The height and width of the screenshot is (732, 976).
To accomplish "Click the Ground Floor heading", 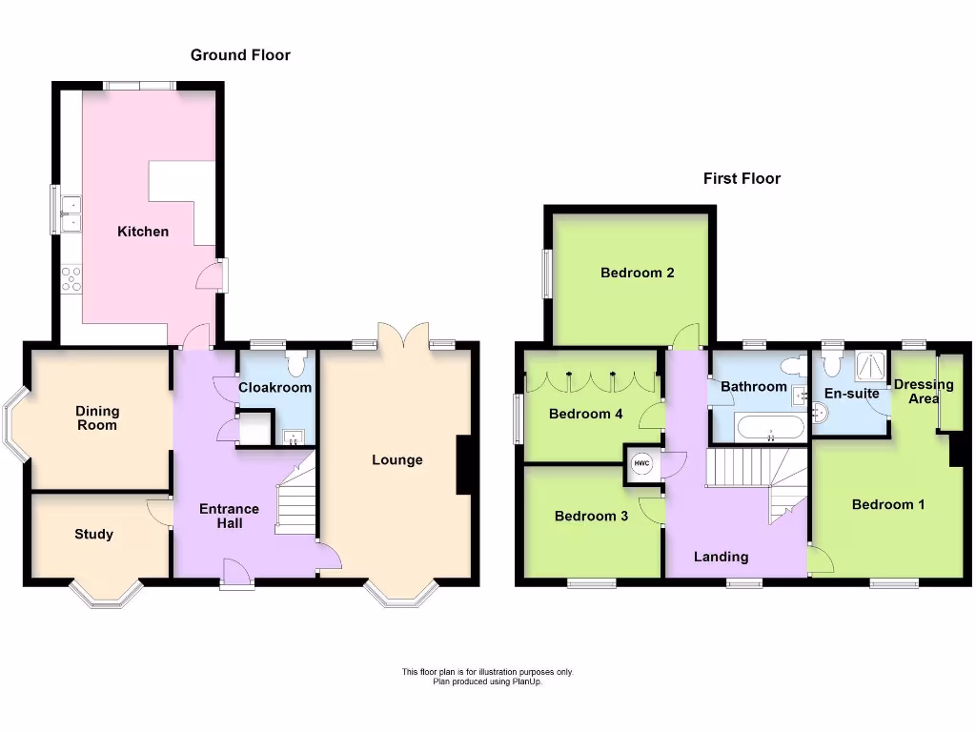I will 240,55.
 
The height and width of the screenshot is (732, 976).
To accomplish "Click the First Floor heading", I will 742,178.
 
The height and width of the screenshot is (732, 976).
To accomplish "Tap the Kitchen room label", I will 143,232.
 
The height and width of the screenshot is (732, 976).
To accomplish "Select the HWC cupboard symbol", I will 642,464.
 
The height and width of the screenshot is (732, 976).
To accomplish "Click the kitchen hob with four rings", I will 71,278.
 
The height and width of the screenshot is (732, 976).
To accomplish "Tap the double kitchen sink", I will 71,213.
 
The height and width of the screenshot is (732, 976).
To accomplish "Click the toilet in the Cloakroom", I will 295,364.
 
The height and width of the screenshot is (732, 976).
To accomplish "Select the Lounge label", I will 396,460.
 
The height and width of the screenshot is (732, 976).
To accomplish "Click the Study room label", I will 93,535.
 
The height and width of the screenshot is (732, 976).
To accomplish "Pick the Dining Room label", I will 97,417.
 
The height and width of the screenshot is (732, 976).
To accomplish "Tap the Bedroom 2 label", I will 638,273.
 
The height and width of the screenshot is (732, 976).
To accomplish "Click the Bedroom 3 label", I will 591,517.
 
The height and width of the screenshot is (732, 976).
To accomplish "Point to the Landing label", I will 721,557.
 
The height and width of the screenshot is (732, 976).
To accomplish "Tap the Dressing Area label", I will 923,392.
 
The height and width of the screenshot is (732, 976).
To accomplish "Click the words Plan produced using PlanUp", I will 487,681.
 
